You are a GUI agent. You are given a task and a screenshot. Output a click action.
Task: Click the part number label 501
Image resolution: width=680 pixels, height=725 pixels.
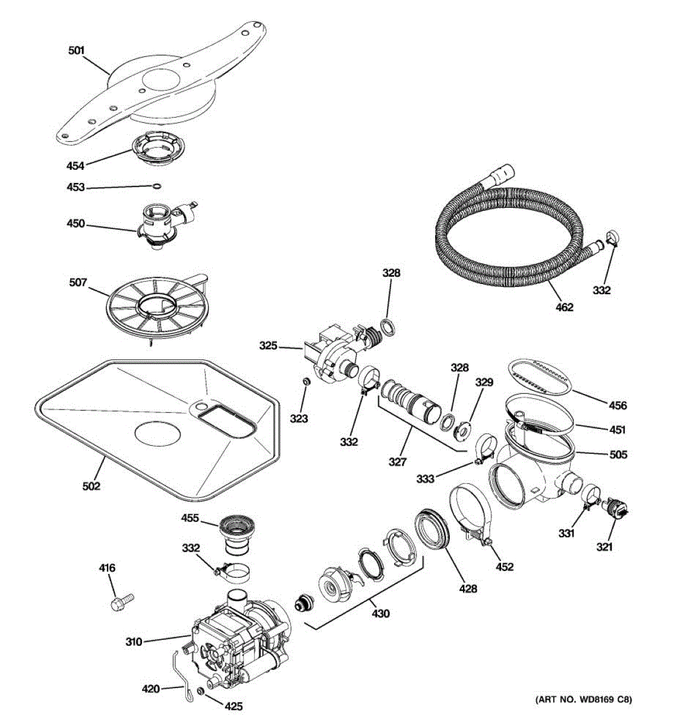click(x=76, y=51)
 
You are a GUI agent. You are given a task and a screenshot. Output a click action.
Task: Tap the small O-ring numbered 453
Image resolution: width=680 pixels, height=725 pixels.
click(x=157, y=186)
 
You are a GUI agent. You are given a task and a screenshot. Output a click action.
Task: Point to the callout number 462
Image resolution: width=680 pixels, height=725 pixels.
click(x=564, y=307)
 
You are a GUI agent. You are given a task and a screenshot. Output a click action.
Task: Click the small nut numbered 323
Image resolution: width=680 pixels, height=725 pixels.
click(x=306, y=382)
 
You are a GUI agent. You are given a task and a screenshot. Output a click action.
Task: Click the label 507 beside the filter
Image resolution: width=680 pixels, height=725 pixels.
click(x=78, y=282)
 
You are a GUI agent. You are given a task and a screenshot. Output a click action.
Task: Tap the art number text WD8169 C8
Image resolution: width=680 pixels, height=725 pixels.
click(x=583, y=700)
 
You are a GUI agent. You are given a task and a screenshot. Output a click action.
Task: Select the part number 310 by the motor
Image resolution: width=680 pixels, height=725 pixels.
click(x=134, y=642)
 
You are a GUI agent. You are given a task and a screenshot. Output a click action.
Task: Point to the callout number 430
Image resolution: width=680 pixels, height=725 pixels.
click(x=380, y=614)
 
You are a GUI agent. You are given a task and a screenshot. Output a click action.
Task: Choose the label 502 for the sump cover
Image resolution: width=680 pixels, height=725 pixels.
click(x=91, y=486)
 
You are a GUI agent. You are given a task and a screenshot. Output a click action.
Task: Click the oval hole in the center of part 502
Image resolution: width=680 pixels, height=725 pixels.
click(x=157, y=434)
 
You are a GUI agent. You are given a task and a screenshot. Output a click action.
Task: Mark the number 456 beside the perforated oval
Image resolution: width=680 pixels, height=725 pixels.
click(x=618, y=406)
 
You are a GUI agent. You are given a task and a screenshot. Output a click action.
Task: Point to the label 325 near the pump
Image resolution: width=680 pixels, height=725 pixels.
click(x=268, y=346)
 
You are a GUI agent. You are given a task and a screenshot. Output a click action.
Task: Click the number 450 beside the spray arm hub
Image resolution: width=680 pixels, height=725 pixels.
click(x=76, y=224)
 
